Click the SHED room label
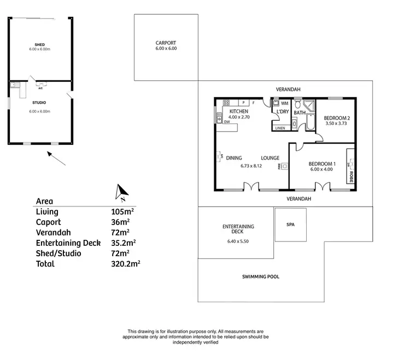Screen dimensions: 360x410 pyautogui.click(x=39, y=44)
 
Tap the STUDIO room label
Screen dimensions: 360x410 pyautogui.click(x=39, y=102)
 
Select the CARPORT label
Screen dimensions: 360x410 pyautogui.click(x=166, y=43)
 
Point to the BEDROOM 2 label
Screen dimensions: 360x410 pyautogui.click(x=337, y=118)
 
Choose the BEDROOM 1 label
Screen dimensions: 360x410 pyautogui.click(x=322, y=164)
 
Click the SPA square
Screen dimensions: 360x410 pyautogui.click(x=290, y=225)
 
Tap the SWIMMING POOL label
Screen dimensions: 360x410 pyautogui.click(x=260, y=276)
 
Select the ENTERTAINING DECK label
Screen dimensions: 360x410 pyautogui.click(x=238, y=229)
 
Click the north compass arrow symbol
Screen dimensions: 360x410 pyautogui.click(x=121, y=191)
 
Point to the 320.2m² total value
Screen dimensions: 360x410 pyautogui.click(x=126, y=263)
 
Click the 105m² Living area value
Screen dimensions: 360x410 pyautogui.click(x=120, y=211)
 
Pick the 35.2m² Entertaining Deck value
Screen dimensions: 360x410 pyautogui.click(x=123, y=243)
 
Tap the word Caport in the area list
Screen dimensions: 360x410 pyautogui.click(x=49, y=222)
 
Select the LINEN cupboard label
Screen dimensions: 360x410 pyautogui.click(x=280, y=128)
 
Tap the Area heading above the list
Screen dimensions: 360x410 pyautogui.click(x=44, y=200)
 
